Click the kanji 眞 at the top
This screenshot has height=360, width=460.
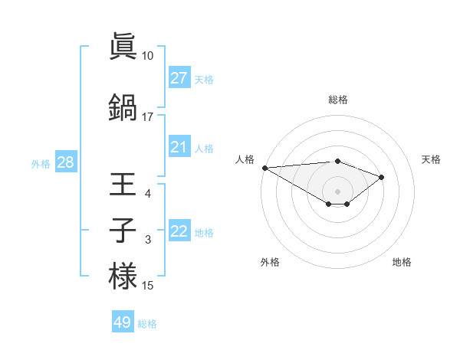[123, 47]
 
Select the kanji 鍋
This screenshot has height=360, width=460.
[123, 106]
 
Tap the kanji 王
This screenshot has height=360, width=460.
[123, 185]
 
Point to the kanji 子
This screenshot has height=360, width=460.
[123, 231]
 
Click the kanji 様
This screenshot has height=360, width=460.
[123, 276]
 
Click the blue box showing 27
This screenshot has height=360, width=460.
[179, 78]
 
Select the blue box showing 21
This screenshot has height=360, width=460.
[179, 147]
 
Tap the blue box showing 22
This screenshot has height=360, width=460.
[179, 231]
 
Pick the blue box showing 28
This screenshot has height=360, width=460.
[65, 162]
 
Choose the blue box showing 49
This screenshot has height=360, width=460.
[123, 322]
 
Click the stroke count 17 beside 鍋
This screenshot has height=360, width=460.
[147, 117]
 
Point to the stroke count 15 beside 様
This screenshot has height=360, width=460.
[148, 286]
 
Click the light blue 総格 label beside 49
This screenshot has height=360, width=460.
[147, 324]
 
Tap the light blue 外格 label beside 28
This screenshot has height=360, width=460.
[41, 163]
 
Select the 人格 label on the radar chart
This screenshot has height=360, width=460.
[244, 159]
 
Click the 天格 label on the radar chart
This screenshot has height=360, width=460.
[431, 159]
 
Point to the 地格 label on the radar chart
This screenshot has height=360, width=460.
[402, 262]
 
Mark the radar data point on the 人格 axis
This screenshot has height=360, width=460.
[264, 168]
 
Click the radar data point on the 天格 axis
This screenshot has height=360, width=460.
[382, 177]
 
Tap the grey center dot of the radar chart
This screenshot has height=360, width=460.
[337, 191]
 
